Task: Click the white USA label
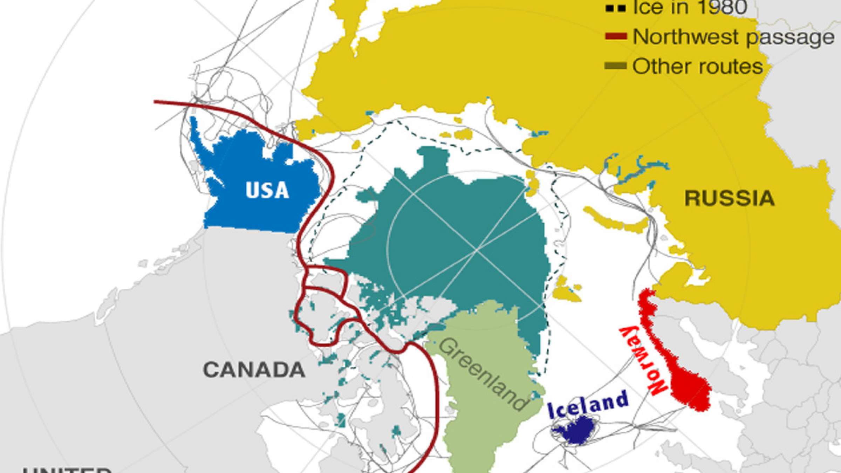click(x=267, y=190)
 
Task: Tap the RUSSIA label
click(x=730, y=198)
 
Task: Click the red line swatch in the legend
click(x=616, y=36)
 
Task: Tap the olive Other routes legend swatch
click(x=616, y=66)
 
